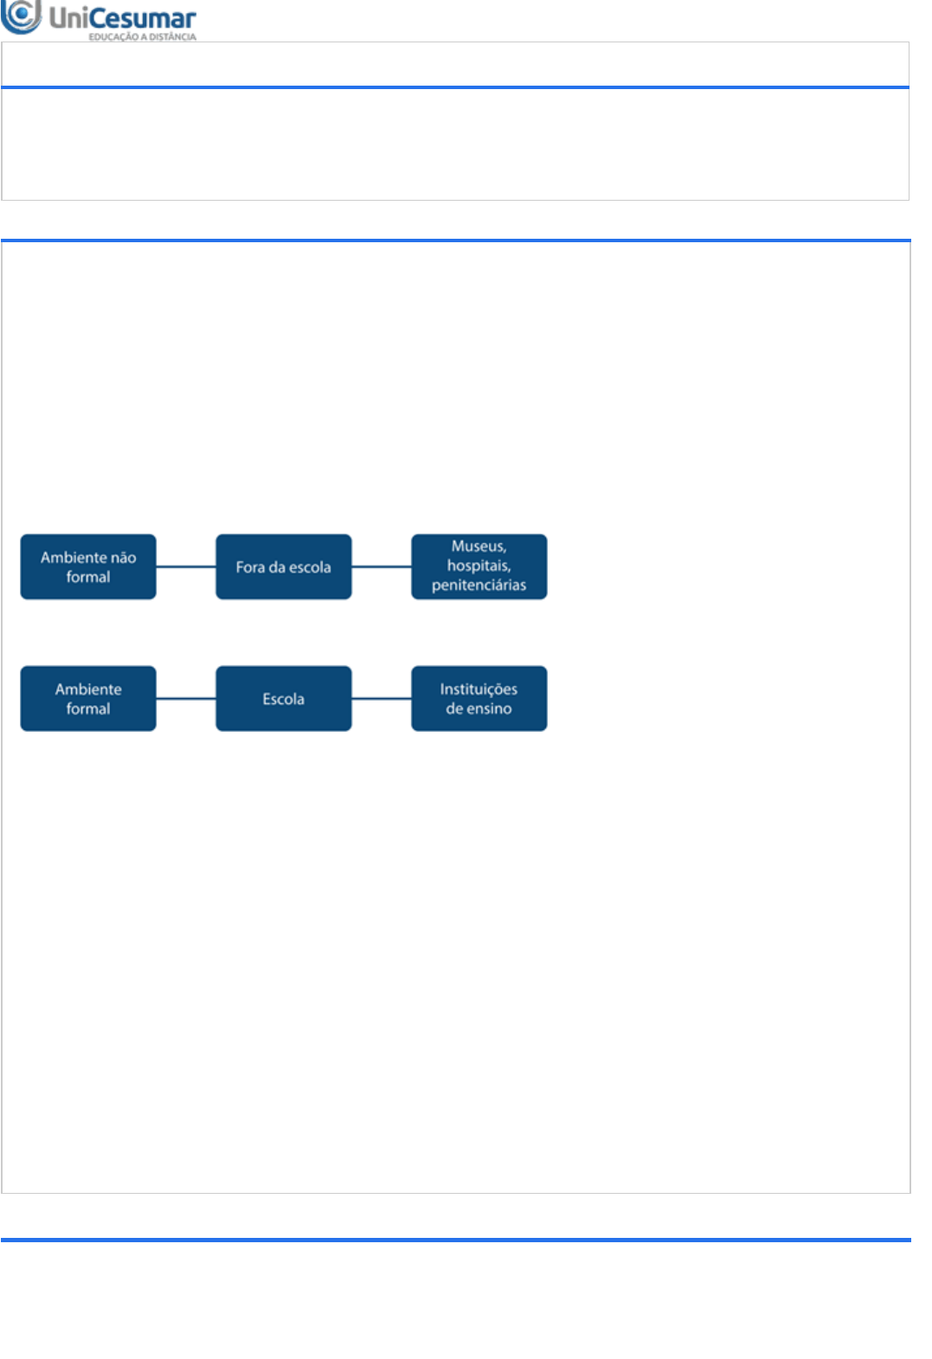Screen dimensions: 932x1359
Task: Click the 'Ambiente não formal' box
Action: click(88, 567)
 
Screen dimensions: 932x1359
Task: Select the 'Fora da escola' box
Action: click(284, 567)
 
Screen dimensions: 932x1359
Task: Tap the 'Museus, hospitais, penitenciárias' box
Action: click(479, 567)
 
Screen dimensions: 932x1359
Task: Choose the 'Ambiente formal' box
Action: click(88, 698)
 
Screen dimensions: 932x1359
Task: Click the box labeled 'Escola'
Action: click(284, 698)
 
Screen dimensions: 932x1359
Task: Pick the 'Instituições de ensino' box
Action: click(479, 698)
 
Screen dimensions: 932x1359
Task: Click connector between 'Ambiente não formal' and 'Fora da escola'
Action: click(186, 567)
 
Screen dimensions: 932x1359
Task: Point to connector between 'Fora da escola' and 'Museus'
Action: click(382, 567)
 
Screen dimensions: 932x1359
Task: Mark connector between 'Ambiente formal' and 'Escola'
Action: click(186, 698)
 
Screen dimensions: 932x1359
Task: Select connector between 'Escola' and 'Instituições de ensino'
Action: click(382, 698)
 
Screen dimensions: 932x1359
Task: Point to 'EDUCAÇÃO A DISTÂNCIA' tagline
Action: click(142, 37)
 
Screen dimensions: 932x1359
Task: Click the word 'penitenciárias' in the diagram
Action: click(479, 586)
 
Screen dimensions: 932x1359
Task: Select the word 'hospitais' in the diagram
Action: click(478, 566)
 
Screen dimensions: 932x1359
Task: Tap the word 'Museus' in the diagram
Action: click(478, 547)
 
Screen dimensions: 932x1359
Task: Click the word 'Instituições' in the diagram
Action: click(479, 689)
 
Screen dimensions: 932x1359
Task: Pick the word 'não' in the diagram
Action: click(123, 558)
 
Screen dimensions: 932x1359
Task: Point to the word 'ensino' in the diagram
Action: click(490, 708)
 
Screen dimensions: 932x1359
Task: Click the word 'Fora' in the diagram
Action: click(250, 567)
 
